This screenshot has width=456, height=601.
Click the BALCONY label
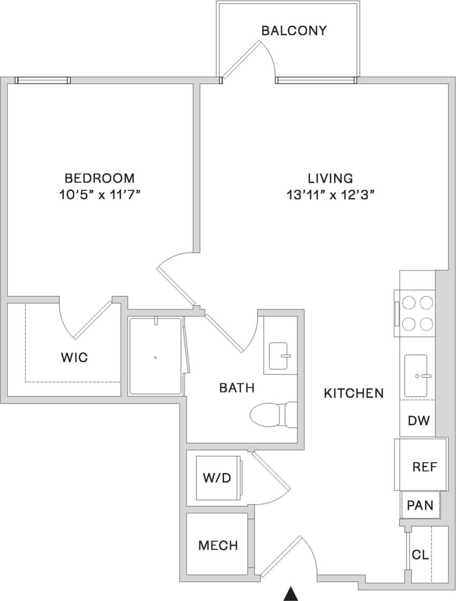(294, 31)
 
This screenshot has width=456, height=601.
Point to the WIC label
(74, 357)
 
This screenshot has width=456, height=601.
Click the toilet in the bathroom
(274, 414)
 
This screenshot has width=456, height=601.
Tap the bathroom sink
(281, 356)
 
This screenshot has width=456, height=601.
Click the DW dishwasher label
(419, 420)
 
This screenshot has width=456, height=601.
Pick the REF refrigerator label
(425, 467)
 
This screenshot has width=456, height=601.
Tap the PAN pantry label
(421, 505)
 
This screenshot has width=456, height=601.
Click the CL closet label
(420, 555)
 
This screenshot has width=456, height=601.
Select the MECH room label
(218, 546)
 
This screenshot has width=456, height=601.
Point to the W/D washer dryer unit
(217, 478)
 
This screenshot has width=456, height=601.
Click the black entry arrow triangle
(290, 594)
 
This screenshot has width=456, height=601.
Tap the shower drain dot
(155, 357)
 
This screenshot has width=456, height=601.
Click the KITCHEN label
(354, 393)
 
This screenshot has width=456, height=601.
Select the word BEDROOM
(100, 178)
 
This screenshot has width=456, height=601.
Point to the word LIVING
(330, 178)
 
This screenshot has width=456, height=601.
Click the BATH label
(237, 388)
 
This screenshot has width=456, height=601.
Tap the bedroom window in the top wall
(43, 80)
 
